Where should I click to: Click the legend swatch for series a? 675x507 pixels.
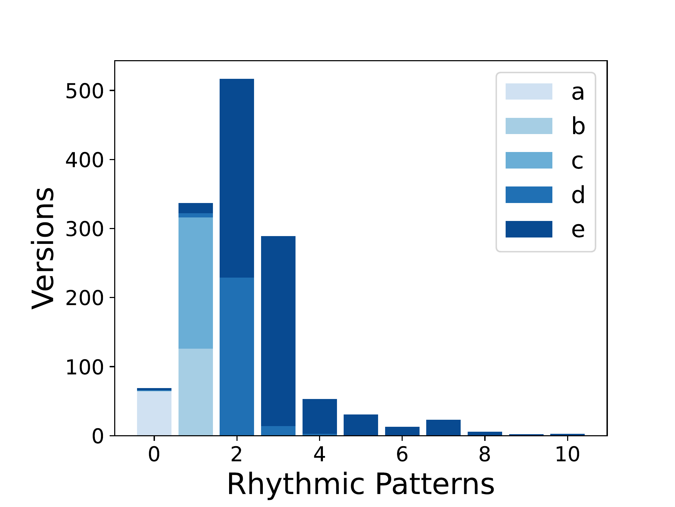tap(529, 91)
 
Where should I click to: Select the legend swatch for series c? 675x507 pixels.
tap(529, 160)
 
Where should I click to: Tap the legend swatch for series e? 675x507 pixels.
tap(529, 229)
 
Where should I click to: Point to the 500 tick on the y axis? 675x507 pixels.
tap(112, 90)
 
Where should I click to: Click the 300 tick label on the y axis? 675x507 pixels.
tap(85, 229)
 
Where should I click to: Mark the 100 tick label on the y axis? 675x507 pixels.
tap(85, 367)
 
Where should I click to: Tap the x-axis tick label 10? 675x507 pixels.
tap(567, 454)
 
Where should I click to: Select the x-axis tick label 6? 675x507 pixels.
tap(402, 454)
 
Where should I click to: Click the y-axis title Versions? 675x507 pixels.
tap(43, 248)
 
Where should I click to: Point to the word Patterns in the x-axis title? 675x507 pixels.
tap(435, 484)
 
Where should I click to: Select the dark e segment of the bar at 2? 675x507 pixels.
tap(237, 178)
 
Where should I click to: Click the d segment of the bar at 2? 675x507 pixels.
tap(237, 356)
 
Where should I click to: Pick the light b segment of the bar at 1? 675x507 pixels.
tap(196, 392)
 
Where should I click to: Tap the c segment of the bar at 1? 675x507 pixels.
tap(196, 283)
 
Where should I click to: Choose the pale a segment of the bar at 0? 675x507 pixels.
tap(154, 413)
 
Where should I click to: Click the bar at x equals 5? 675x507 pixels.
tap(361, 425)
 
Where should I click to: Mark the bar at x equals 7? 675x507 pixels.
tap(443, 427)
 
